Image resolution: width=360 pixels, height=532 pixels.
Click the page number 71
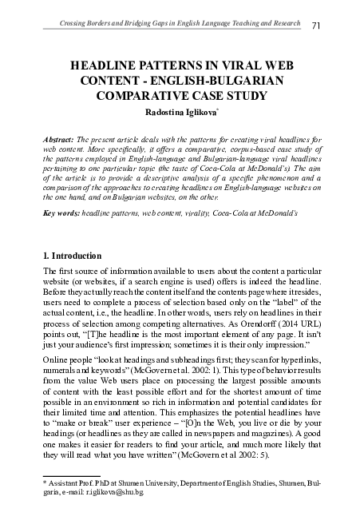(x=316, y=26)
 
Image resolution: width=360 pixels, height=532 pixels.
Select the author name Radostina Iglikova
(x=176, y=113)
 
